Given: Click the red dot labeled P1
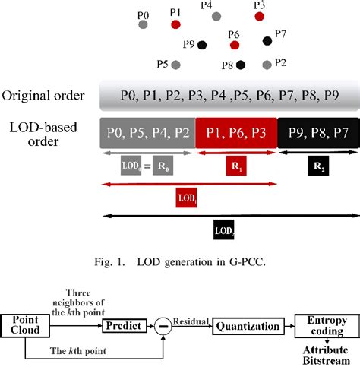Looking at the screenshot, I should [176, 24].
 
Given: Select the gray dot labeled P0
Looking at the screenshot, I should [143, 24].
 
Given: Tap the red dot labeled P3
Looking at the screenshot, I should [260, 15].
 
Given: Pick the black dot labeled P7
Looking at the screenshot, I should [267, 40].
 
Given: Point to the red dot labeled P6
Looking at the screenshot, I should [234, 46].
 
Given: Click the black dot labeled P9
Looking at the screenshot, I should [202, 46].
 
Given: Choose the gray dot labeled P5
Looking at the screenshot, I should [176, 65].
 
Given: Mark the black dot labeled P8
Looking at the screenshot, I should [241, 65].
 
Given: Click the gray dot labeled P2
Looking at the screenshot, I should [267, 65].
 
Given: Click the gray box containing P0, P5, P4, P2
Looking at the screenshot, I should [148, 131].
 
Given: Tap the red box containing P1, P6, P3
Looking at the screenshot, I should [236, 131].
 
